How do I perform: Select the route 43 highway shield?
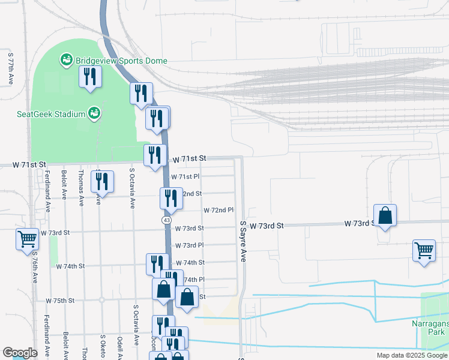[x=166, y=221]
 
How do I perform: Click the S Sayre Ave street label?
[x=243, y=241]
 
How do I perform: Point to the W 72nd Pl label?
[x=218, y=211]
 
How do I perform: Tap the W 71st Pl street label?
[x=185, y=177]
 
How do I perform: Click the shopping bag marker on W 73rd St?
[x=385, y=215]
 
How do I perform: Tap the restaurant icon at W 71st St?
[x=155, y=155]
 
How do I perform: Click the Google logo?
[x=20, y=353]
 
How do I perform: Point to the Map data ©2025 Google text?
[x=411, y=355]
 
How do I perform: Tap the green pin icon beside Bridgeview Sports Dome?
[x=66, y=61]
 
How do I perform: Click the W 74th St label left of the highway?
[x=71, y=266]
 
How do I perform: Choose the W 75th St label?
[x=60, y=300]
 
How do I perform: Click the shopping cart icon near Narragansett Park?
[x=424, y=250]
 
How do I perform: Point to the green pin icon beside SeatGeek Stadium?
[x=94, y=112]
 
